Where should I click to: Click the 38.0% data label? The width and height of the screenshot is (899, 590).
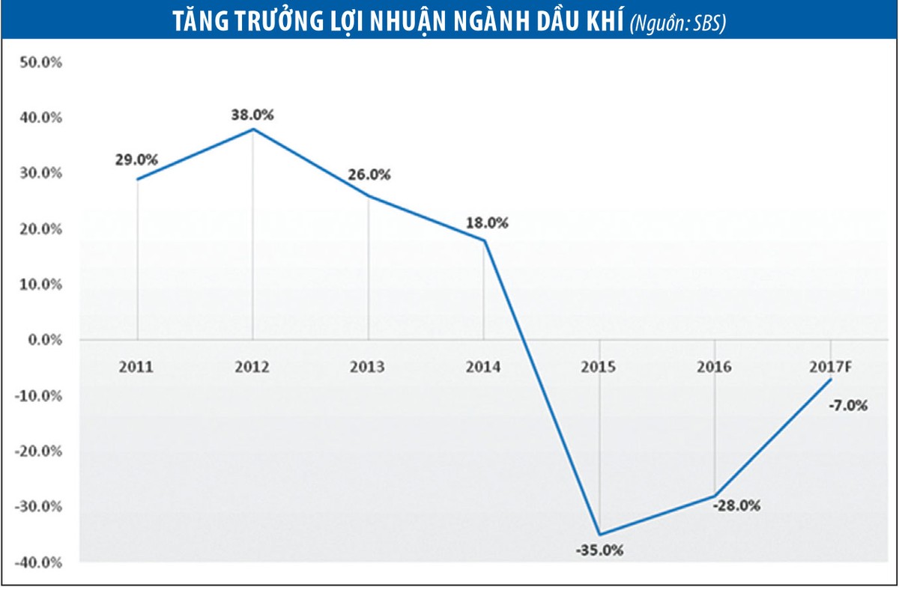252,115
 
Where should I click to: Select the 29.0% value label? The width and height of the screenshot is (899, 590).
136,159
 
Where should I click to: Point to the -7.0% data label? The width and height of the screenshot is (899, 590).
848,406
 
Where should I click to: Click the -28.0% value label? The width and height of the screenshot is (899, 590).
736,505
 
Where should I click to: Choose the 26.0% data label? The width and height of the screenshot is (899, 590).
369,175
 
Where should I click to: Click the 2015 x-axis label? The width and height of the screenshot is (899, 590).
598,368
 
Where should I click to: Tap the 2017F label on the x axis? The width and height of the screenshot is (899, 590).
829,368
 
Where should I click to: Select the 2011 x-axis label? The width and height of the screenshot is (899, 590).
136,368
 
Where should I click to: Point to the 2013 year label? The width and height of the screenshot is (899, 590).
367,368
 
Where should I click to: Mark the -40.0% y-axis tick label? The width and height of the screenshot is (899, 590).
37,562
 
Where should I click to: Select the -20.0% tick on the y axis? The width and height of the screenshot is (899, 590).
37,451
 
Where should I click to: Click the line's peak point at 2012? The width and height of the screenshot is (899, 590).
253,130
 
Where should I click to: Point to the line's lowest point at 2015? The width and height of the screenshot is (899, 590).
599,535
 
